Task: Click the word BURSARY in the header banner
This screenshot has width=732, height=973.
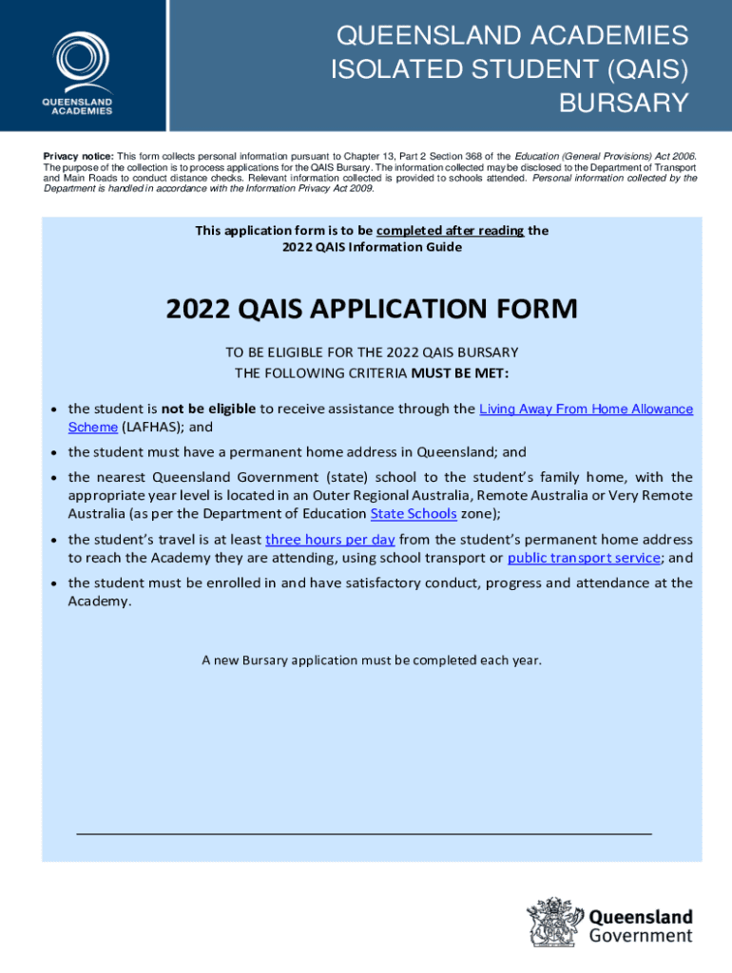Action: tap(623, 103)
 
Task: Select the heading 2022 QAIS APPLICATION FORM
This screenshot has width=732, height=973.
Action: tap(371, 309)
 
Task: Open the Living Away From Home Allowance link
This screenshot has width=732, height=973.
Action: tap(586, 409)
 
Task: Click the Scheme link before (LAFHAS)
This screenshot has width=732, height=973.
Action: tap(92, 427)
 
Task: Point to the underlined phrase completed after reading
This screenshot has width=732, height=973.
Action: tap(450, 230)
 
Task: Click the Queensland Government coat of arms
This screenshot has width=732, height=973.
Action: tap(554, 926)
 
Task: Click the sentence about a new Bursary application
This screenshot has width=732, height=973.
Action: tap(371, 658)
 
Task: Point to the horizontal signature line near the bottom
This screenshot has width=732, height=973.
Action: tap(363, 833)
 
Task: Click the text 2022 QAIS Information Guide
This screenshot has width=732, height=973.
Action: tap(372, 247)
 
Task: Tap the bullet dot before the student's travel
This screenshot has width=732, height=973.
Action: tap(54, 540)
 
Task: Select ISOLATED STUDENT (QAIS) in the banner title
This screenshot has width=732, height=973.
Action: tap(509, 69)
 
